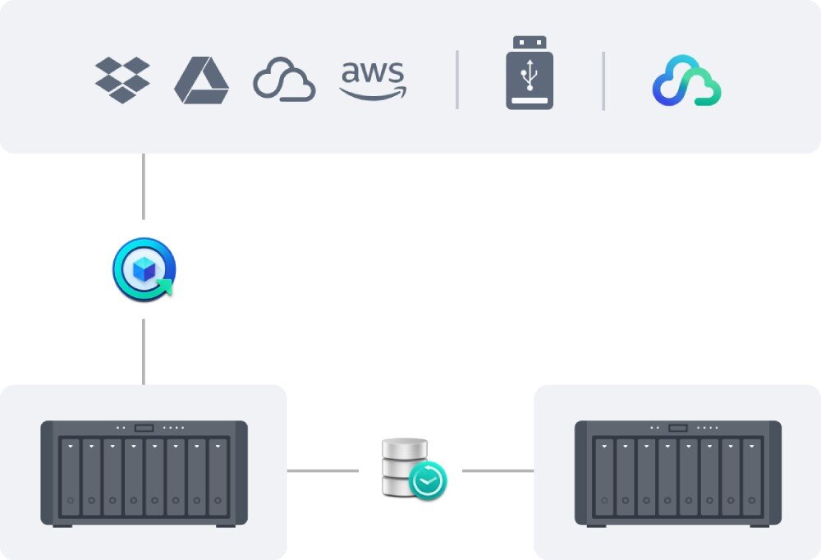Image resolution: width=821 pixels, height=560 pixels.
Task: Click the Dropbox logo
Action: tap(122, 80)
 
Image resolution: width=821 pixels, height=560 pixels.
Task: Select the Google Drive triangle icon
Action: tap(201, 80)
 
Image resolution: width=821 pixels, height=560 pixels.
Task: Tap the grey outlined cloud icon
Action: tap(284, 80)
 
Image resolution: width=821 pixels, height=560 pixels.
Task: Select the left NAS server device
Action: tap(144, 473)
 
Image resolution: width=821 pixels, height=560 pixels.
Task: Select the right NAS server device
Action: tap(677, 473)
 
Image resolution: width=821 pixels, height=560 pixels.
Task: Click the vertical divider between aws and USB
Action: tap(457, 80)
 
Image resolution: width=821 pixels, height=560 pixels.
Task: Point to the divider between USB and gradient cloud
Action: tap(603, 80)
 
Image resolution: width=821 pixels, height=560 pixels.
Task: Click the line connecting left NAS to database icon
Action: tap(323, 470)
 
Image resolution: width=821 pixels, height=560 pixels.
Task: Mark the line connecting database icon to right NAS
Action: tap(498, 470)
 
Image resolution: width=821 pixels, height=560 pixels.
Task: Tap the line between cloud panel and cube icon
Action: tap(144, 186)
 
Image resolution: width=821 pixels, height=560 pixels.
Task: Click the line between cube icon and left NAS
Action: tap(144, 351)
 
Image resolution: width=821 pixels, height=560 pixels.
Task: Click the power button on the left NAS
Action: tap(144, 428)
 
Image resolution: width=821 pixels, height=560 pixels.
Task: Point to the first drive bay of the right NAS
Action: tap(604, 477)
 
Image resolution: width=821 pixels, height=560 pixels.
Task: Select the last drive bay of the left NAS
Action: tap(218, 477)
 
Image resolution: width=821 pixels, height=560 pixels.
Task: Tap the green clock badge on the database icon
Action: tap(428, 481)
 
